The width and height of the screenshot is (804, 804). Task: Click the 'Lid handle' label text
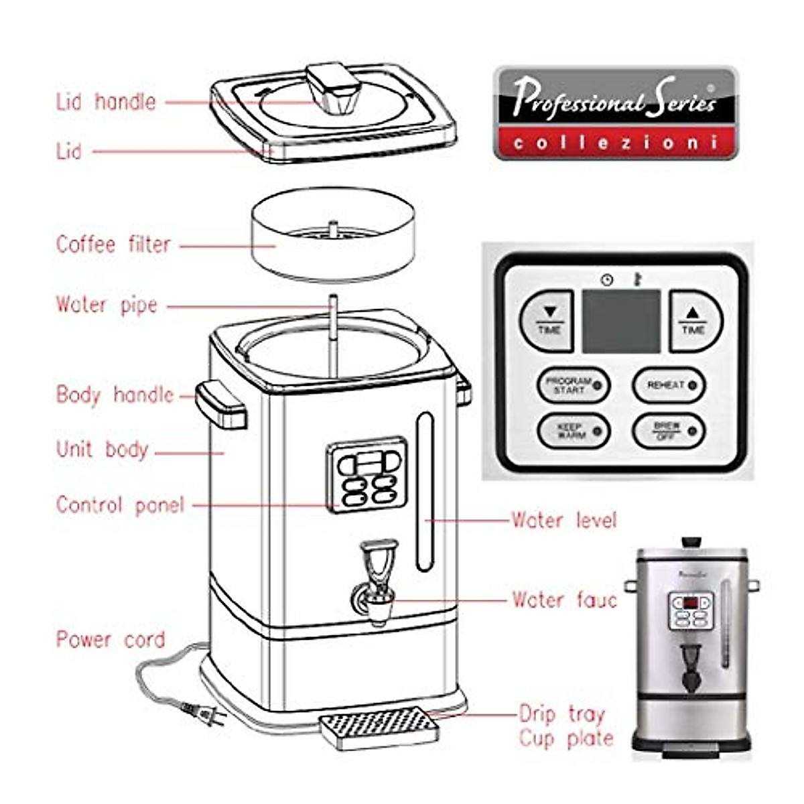coord(106,102)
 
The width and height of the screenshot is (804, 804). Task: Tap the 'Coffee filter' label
coord(113,244)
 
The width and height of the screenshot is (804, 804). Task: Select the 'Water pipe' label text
coord(107,305)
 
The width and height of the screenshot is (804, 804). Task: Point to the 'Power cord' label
coord(110,639)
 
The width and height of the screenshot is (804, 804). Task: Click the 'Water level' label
coord(563,520)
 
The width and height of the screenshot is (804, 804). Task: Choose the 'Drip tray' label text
coord(561,714)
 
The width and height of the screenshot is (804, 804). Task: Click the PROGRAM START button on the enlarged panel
coord(574,385)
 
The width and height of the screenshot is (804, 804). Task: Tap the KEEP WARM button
coord(574,431)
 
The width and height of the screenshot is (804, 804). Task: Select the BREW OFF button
coord(669,431)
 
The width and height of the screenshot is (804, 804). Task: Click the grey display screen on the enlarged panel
coord(621,322)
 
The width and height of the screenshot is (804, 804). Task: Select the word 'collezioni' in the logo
coord(615,143)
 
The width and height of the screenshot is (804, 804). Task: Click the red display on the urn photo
coord(690,602)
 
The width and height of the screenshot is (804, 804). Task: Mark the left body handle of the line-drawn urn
coord(222,403)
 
